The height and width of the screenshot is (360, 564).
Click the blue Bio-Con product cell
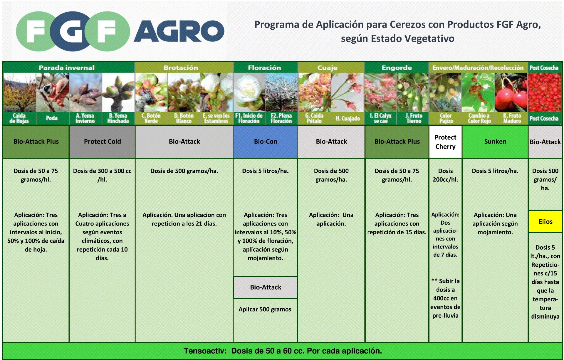265,142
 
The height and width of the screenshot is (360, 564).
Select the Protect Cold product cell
102,142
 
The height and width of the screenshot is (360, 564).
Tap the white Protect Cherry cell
445,142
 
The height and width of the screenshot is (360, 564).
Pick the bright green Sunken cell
495,142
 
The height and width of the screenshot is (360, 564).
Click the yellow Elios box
545,221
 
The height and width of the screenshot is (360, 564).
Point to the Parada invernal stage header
67,68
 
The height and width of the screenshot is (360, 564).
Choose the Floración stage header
264,68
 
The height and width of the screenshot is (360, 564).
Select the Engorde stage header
397,68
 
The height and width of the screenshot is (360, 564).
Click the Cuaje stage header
327,68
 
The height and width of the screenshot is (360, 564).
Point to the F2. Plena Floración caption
281,118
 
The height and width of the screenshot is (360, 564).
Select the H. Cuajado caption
348,118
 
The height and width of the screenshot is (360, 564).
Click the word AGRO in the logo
179,31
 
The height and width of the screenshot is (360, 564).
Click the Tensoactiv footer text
283,351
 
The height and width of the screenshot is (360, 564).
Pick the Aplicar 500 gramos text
265,309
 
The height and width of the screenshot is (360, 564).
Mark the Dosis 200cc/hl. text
445,175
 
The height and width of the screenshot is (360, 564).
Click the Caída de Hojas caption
19,118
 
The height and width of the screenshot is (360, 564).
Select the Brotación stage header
181,68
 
